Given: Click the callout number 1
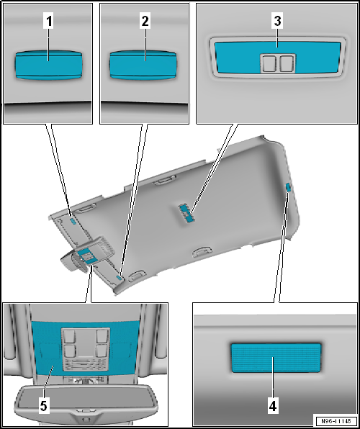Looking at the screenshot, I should coord(49,22).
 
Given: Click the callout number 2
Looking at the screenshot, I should coord(145,22).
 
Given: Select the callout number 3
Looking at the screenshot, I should coord(276,22).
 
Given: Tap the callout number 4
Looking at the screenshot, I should coord(272,405).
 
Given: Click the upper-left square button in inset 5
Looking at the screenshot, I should coord(71,336).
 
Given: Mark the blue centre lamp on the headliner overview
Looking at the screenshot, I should coord(188,212).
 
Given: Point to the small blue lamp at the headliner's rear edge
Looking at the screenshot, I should coord(288,188).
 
